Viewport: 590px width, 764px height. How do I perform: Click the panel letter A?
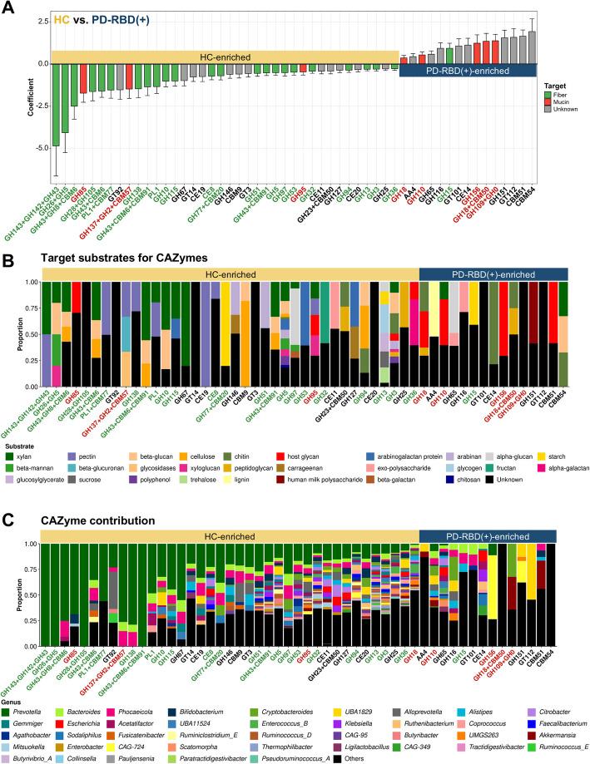9,8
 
